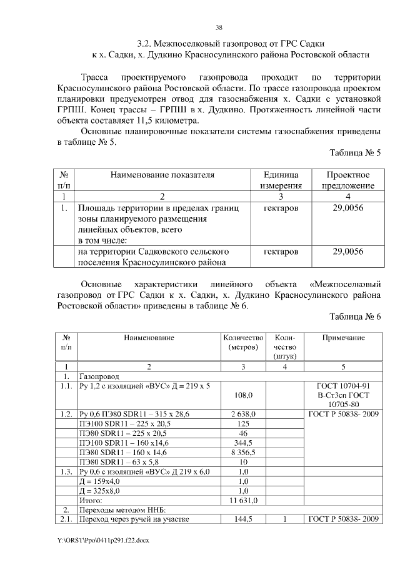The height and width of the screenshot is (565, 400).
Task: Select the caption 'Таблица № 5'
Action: point(354,152)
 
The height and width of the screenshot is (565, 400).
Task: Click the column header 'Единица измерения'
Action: point(281,180)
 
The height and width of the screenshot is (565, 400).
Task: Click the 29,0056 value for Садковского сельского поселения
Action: point(348,252)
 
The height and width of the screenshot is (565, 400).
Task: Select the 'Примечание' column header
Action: point(343,338)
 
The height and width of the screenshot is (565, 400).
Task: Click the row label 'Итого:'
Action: point(89,499)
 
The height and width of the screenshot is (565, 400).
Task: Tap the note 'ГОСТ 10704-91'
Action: point(343,386)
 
